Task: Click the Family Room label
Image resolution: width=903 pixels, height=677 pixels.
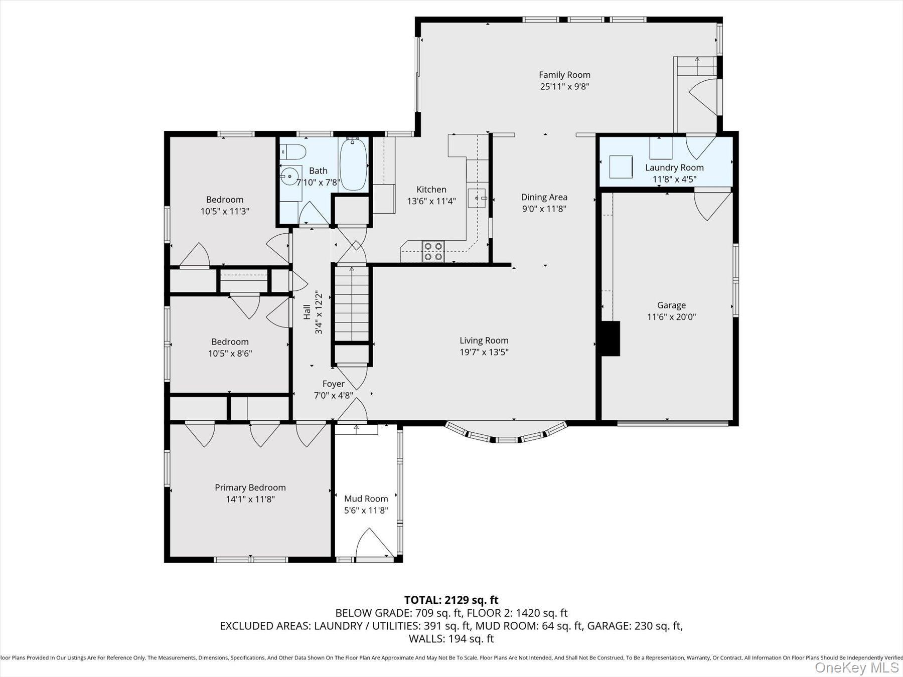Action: point(564,75)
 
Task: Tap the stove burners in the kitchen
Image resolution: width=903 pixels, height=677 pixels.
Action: point(433,251)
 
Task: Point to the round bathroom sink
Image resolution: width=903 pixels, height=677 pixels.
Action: point(289,176)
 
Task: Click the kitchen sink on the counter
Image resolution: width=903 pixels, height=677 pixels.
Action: point(476,198)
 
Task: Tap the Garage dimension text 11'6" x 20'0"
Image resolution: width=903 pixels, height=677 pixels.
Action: point(671,317)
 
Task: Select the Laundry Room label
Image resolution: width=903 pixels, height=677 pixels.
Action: point(674,167)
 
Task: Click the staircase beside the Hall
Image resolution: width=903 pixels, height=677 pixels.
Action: point(352,303)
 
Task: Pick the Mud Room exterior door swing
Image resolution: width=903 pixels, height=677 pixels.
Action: point(374,543)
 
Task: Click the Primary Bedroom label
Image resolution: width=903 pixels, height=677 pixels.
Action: point(250,487)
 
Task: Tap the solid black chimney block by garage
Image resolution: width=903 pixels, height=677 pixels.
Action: point(610,339)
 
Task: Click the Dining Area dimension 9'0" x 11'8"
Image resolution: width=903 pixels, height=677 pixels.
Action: point(544,209)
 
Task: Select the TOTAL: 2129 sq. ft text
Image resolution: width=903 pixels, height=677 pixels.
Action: point(451,600)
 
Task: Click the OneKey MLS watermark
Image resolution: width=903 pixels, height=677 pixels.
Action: point(856,667)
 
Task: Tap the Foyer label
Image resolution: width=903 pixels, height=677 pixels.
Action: point(333,384)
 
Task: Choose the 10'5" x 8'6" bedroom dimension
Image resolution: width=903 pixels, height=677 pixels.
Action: point(230,354)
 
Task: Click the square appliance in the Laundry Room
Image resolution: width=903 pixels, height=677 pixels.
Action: point(621,166)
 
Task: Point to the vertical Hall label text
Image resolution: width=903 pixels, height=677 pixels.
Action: point(307,312)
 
